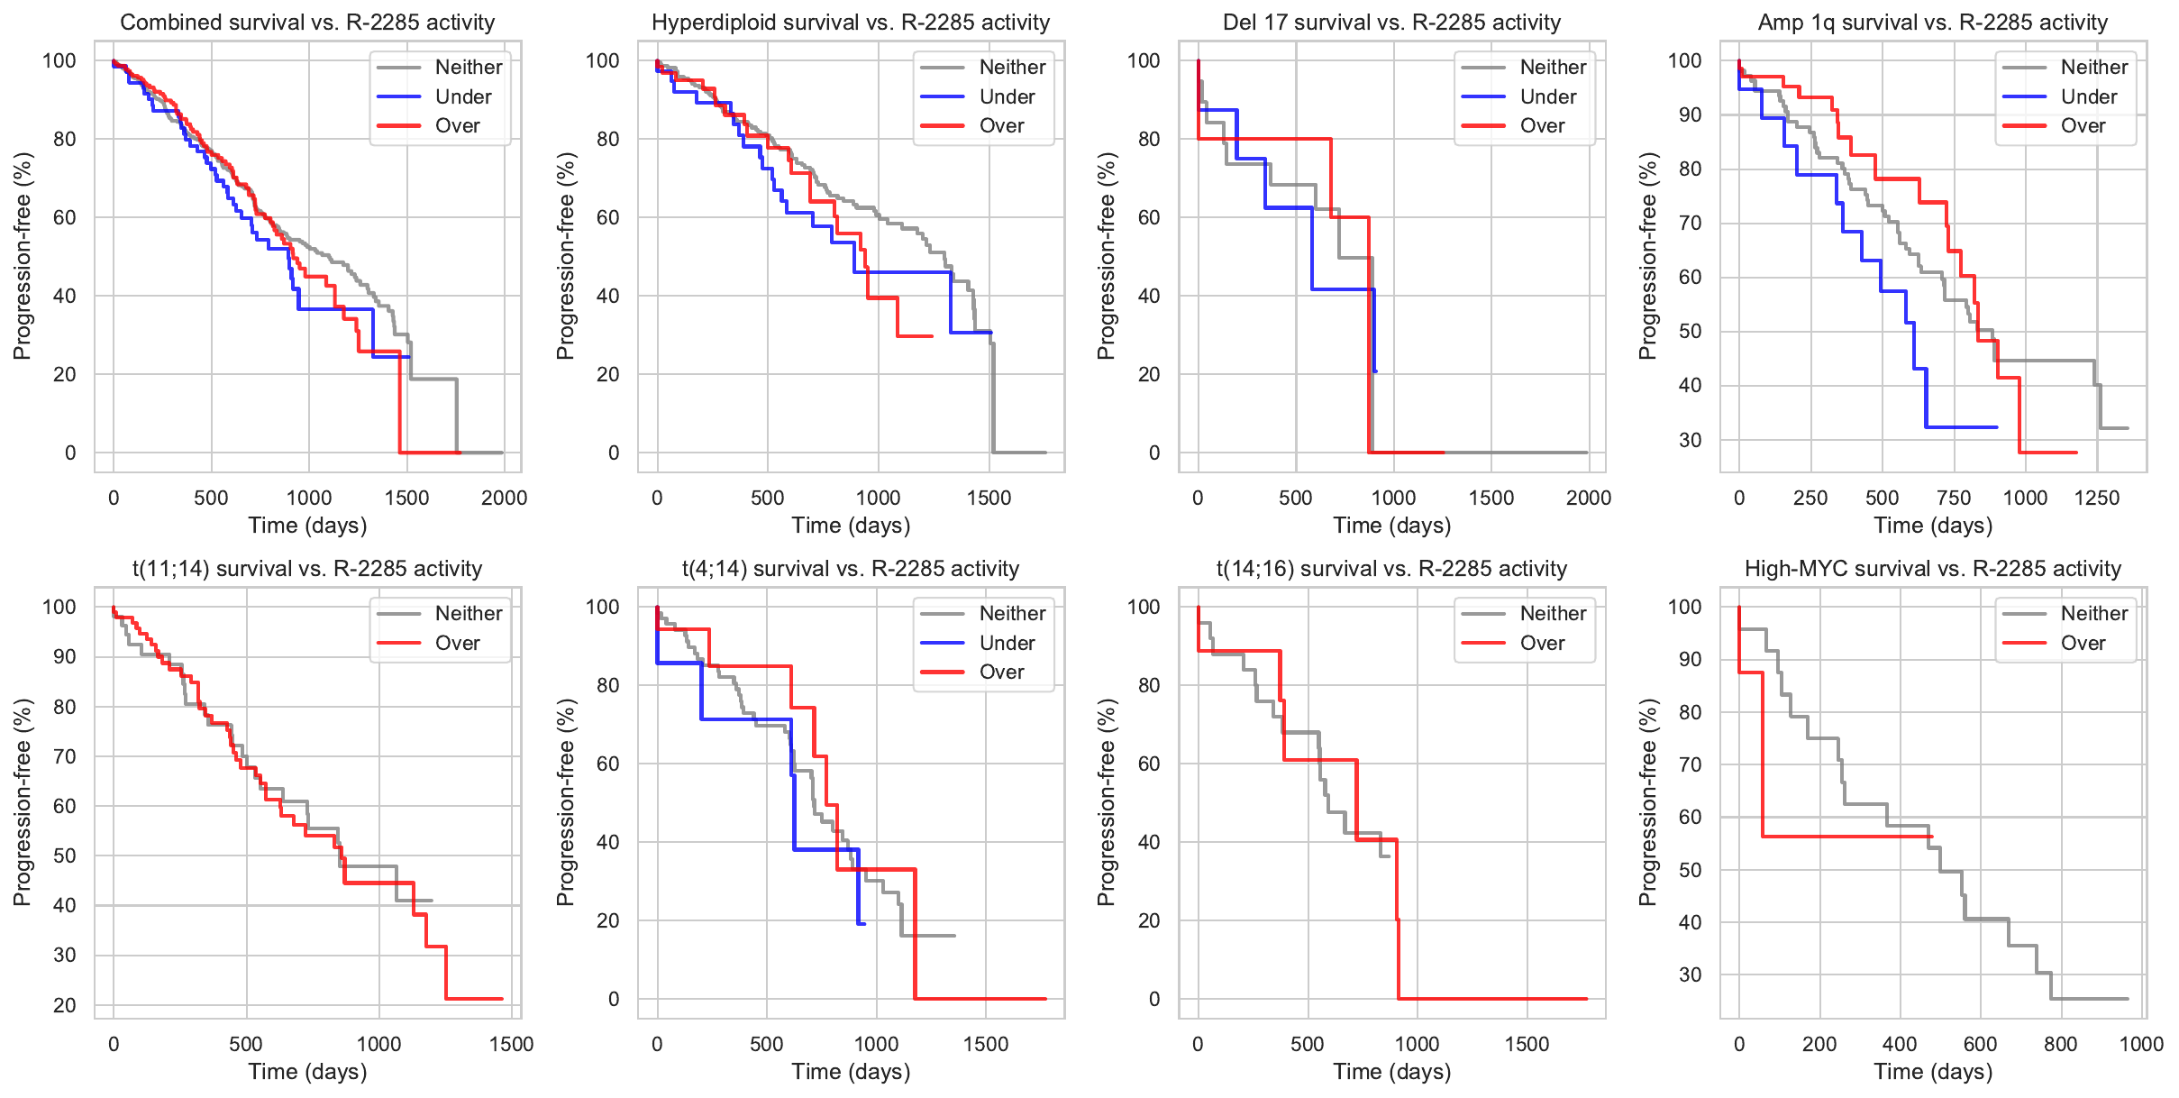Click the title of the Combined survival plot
(x=307, y=23)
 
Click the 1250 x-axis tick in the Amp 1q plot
(x=2096, y=498)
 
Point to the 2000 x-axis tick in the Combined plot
(x=504, y=498)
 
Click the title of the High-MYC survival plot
(x=1932, y=569)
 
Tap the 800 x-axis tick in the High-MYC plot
(x=2060, y=1044)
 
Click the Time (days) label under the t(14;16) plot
(x=1391, y=1071)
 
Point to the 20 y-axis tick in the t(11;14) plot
(x=65, y=1005)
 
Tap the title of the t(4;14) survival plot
(x=850, y=569)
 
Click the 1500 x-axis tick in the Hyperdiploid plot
(x=989, y=498)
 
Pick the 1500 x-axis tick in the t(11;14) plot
(x=511, y=1044)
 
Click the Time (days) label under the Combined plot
(x=307, y=525)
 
